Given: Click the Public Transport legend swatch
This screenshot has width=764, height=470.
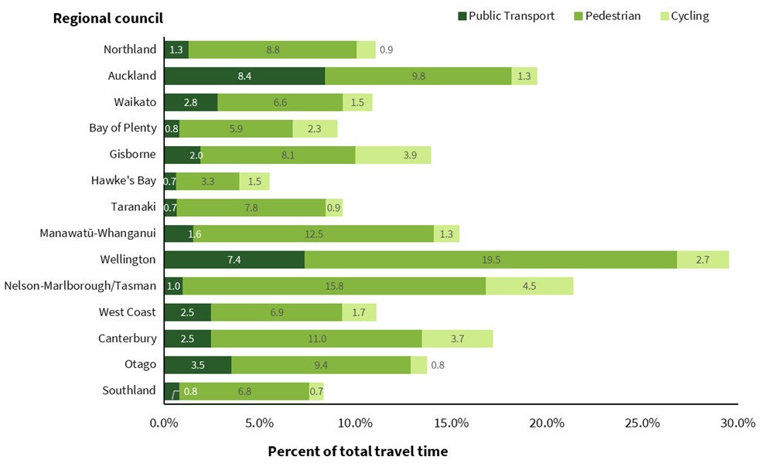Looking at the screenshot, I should (463, 16).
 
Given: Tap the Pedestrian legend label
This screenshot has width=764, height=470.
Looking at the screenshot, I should (613, 16).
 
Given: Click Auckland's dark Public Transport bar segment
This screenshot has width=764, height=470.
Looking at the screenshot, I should (244, 76).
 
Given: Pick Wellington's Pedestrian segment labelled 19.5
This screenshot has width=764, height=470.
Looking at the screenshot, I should (490, 260).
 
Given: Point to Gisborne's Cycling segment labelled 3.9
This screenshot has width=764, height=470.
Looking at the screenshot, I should (393, 155).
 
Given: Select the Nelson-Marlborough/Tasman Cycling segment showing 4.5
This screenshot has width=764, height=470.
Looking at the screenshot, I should (530, 286).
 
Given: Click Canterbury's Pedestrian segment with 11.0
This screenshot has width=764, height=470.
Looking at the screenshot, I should (316, 339).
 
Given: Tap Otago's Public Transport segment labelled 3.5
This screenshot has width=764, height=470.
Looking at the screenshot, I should (197, 365).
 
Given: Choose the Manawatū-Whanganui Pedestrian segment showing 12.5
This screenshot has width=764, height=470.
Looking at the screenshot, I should (313, 233).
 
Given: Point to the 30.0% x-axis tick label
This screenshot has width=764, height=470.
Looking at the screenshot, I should (738, 423).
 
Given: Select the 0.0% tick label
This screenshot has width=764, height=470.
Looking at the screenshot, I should (164, 423).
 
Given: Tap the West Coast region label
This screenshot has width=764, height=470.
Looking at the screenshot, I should (128, 312).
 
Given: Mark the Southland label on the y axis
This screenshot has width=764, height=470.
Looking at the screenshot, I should (129, 390).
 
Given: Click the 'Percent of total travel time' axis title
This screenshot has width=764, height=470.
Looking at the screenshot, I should (357, 451).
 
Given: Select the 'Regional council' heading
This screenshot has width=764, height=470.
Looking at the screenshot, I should (107, 18).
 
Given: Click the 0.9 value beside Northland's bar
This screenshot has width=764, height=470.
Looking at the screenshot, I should (386, 50).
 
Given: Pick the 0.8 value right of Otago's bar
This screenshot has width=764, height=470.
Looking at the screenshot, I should (438, 365).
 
